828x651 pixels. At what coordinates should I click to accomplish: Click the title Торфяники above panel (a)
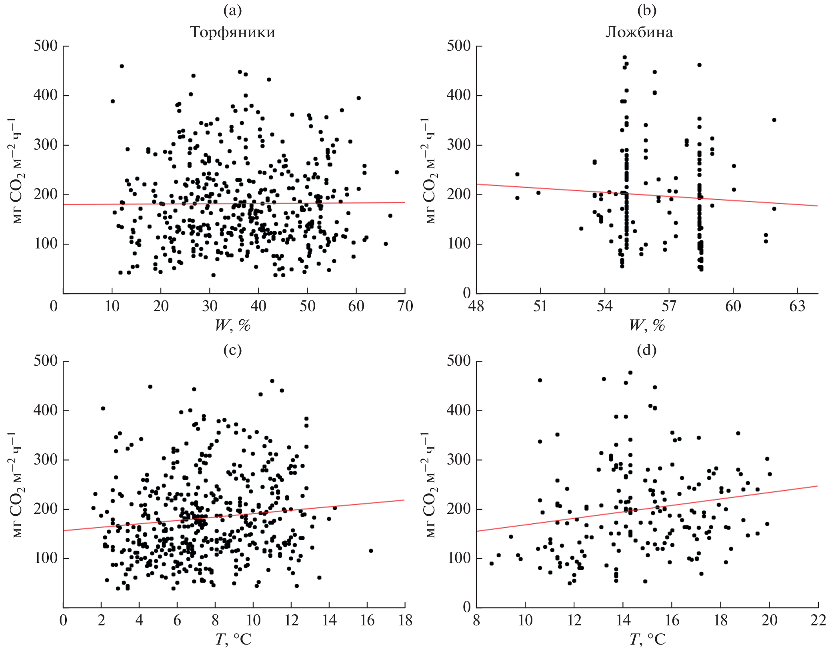tap(232, 32)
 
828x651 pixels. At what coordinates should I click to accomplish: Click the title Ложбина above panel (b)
tap(639, 32)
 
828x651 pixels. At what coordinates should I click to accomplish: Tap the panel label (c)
tap(232, 350)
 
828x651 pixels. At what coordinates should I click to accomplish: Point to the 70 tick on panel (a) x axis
tap(405, 306)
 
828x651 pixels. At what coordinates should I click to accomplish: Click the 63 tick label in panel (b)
tap(797, 306)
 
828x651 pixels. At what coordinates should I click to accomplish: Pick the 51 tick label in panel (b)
tap(540, 306)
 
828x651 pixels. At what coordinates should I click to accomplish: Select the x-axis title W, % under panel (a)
tap(232, 326)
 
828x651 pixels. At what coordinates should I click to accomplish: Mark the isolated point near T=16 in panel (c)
tap(371, 551)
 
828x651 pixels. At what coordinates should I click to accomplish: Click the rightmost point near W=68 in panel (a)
tap(396, 172)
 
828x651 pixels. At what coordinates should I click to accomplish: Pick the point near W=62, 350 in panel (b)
tap(774, 120)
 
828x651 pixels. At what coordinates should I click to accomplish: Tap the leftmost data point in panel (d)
tap(492, 563)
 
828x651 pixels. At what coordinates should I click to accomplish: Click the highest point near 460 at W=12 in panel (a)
tap(122, 66)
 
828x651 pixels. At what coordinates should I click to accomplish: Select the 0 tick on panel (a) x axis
tap(54, 306)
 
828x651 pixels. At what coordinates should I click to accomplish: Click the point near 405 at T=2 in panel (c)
tap(103, 408)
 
